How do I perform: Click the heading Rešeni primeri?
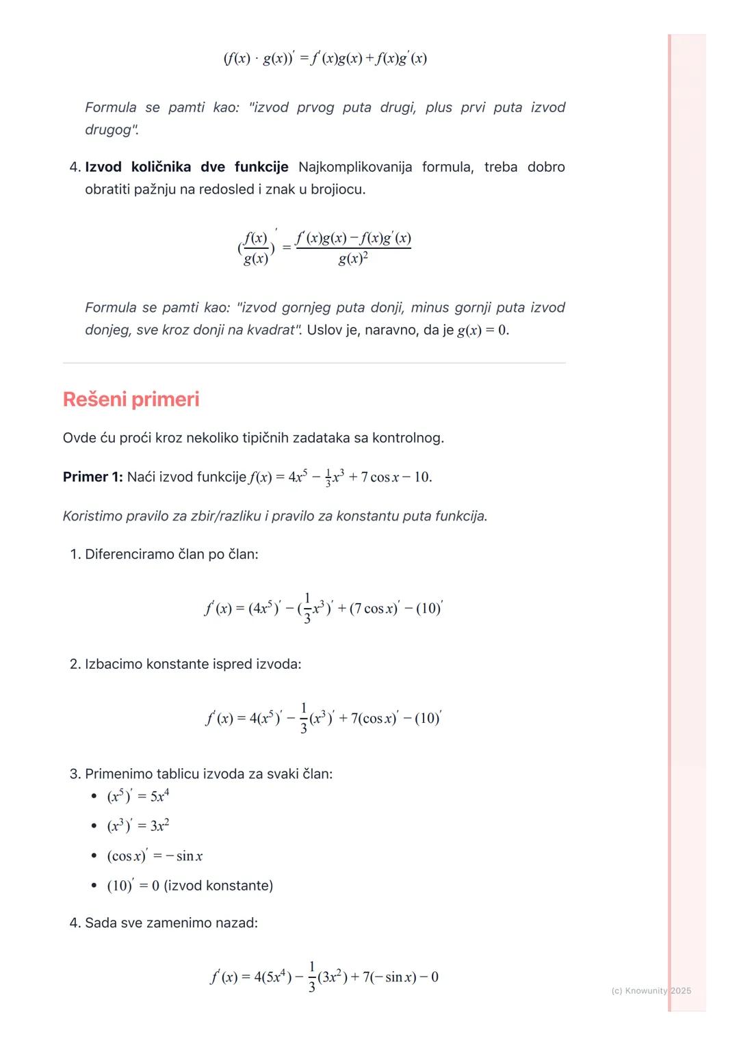click(131, 399)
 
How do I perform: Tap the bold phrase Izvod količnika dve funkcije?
click(186, 167)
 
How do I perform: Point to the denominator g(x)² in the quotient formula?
click(353, 259)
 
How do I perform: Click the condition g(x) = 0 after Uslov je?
click(482, 330)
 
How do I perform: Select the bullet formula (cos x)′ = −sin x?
click(155, 856)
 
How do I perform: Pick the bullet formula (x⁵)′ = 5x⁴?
click(138, 796)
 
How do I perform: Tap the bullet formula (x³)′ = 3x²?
click(138, 825)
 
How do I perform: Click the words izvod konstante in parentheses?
click(218, 886)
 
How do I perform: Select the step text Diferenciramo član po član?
click(171, 554)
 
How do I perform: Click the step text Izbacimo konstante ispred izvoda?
click(192, 664)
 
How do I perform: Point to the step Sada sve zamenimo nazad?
click(171, 923)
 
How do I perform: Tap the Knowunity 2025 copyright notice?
click(651, 990)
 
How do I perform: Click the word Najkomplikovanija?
click(355, 167)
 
